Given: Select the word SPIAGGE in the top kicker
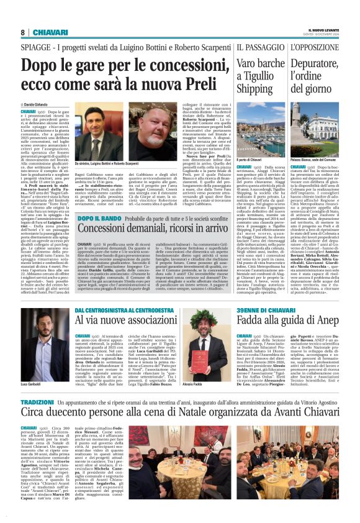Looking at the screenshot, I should (38, 47).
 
